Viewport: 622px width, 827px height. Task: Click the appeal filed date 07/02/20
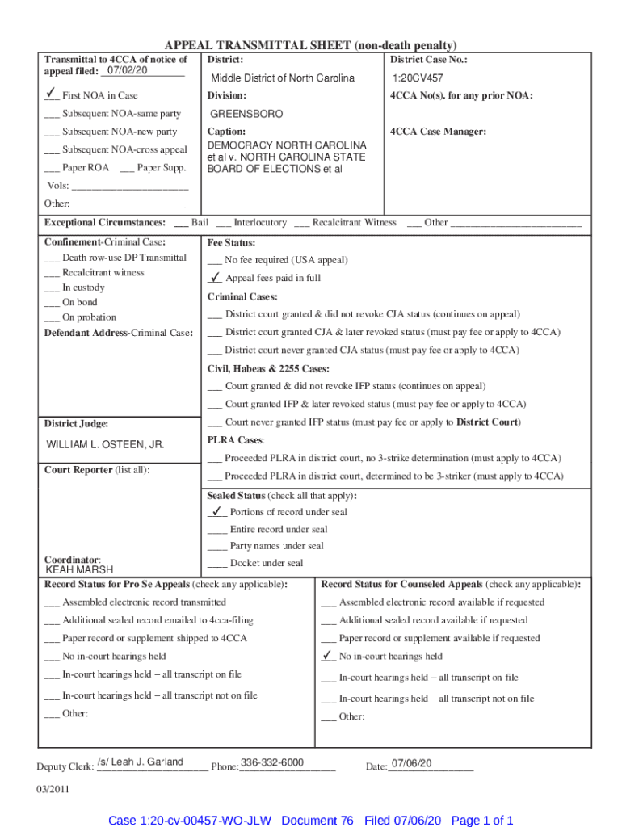pyautogui.click(x=122, y=70)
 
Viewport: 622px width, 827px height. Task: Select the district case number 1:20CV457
pyautogui.click(x=418, y=78)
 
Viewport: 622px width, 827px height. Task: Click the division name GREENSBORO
pyautogui.click(x=246, y=114)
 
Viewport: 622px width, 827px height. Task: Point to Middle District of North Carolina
pyautogui.click(x=283, y=78)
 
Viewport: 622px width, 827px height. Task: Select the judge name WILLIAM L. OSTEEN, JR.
pyautogui.click(x=105, y=445)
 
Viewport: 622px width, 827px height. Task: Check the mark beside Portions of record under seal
pyautogui.click(x=216, y=511)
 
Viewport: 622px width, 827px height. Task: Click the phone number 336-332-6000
pyautogui.click(x=272, y=763)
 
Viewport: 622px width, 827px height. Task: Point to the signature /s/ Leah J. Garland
pyautogui.click(x=140, y=762)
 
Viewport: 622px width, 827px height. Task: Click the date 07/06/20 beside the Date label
pyautogui.click(x=411, y=764)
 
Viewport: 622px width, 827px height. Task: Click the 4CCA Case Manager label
pyautogui.click(x=438, y=132)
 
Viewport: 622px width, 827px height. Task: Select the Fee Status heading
pyautogui.click(x=231, y=243)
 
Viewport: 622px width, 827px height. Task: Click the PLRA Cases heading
pyautogui.click(x=236, y=440)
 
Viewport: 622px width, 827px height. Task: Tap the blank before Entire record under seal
pyautogui.click(x=216, y=530)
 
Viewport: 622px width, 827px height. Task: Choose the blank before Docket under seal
pyautogui.click(x=216, y=564)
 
